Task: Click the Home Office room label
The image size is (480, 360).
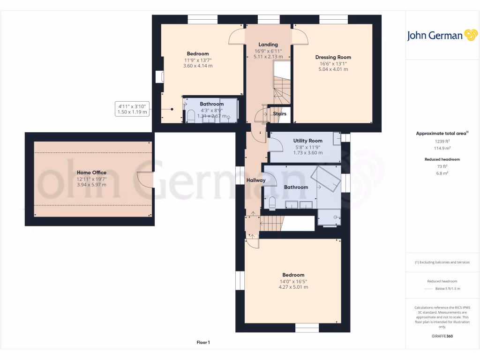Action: click(x=91, y=172)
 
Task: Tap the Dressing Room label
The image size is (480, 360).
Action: click(x=333, y=57)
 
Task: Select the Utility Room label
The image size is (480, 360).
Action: click(x=307, y=141)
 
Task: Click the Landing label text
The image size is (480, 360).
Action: click(x=268, y=45)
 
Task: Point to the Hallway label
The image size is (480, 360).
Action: click(x=256, y=180)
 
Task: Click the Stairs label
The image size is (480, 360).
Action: click(x=279, y=113)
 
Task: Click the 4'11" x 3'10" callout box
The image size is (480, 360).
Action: click(x=132, y=109)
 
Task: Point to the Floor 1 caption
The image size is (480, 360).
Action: click(x=203, y=343)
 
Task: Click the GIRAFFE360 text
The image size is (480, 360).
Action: click(x=442, y=336)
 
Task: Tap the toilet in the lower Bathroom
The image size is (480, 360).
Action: click(x=272, y=202)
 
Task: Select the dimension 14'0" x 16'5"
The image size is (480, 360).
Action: click(x=293, y=281)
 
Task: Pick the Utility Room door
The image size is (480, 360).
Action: click(x=277, y=145)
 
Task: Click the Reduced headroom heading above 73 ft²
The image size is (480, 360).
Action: click(x=442, y=159)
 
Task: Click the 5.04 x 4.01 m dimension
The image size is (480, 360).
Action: click(x=333, y=69)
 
